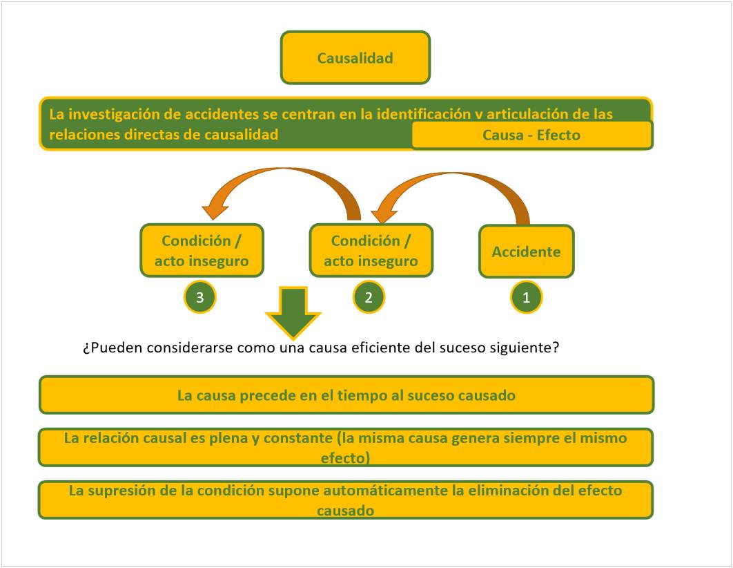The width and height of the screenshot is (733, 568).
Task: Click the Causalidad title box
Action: point(355,57)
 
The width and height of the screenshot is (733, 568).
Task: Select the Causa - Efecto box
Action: point(531,135)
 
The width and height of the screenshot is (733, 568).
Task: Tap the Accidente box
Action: point(526,252)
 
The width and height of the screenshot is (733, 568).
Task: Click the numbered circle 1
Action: point(526,298)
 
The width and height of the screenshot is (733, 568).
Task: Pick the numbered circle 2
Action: point(369,298)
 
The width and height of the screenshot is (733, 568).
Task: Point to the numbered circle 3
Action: point(199,298)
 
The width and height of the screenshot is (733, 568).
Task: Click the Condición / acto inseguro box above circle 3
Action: point(202,251)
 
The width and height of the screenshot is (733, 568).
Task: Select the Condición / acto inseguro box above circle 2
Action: point(371,251)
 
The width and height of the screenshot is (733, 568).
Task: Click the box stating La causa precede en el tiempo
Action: point(346,395)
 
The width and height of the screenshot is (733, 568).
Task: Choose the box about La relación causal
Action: point(346,448)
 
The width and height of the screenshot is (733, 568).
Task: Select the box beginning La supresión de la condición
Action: point(346,500)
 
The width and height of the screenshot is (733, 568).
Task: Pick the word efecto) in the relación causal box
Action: point(346,457)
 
